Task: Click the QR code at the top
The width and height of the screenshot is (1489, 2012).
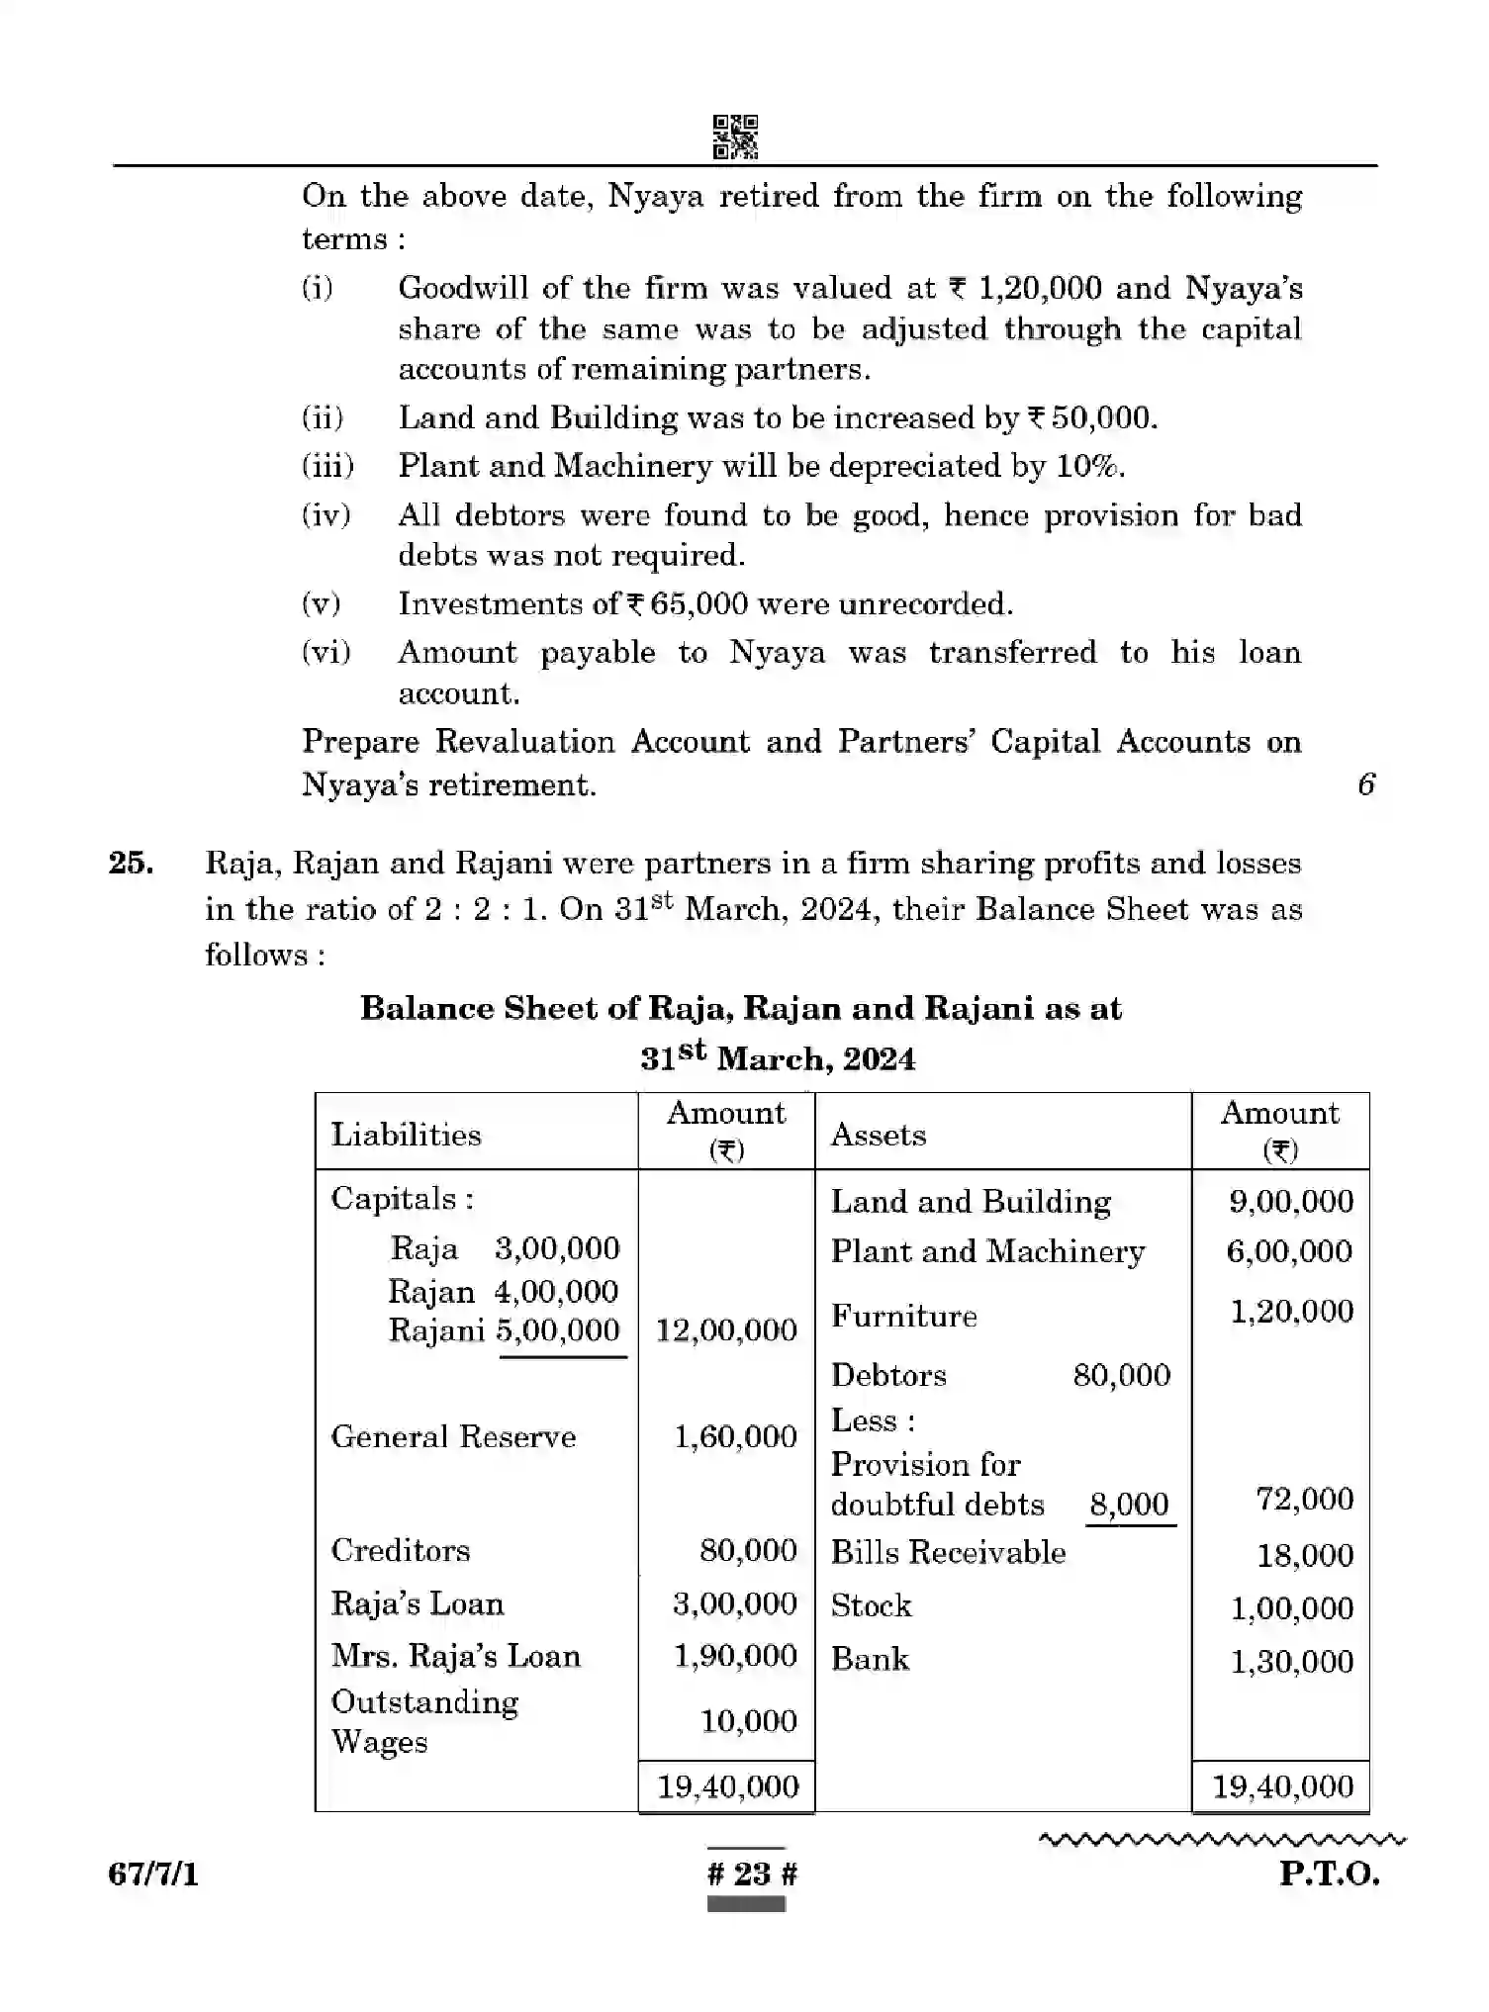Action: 735,137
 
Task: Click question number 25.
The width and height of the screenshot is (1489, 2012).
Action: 131,864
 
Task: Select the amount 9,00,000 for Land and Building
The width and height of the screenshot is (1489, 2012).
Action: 1290,1202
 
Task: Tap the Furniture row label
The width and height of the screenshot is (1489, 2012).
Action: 903,1317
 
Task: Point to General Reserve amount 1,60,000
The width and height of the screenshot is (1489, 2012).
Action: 735,1436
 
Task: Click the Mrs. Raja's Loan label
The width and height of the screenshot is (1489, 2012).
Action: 455,1656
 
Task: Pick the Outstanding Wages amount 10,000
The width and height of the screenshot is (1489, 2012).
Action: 748,1721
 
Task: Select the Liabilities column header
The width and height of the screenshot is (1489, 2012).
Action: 406,1135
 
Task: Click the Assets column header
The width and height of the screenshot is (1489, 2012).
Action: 878,1135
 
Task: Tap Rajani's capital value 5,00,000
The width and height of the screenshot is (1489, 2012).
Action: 558,1330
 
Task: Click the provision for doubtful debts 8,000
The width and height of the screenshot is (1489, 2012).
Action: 1129,1505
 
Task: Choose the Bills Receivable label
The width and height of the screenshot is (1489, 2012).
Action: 947,1553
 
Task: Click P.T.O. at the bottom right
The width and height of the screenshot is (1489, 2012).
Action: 1328,1874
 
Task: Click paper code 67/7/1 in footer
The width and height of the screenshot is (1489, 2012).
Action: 153,1874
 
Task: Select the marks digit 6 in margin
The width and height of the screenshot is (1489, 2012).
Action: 1366,784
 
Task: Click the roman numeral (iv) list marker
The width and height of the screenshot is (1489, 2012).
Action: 326,515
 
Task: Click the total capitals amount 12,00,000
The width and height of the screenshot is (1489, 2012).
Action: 726,1330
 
